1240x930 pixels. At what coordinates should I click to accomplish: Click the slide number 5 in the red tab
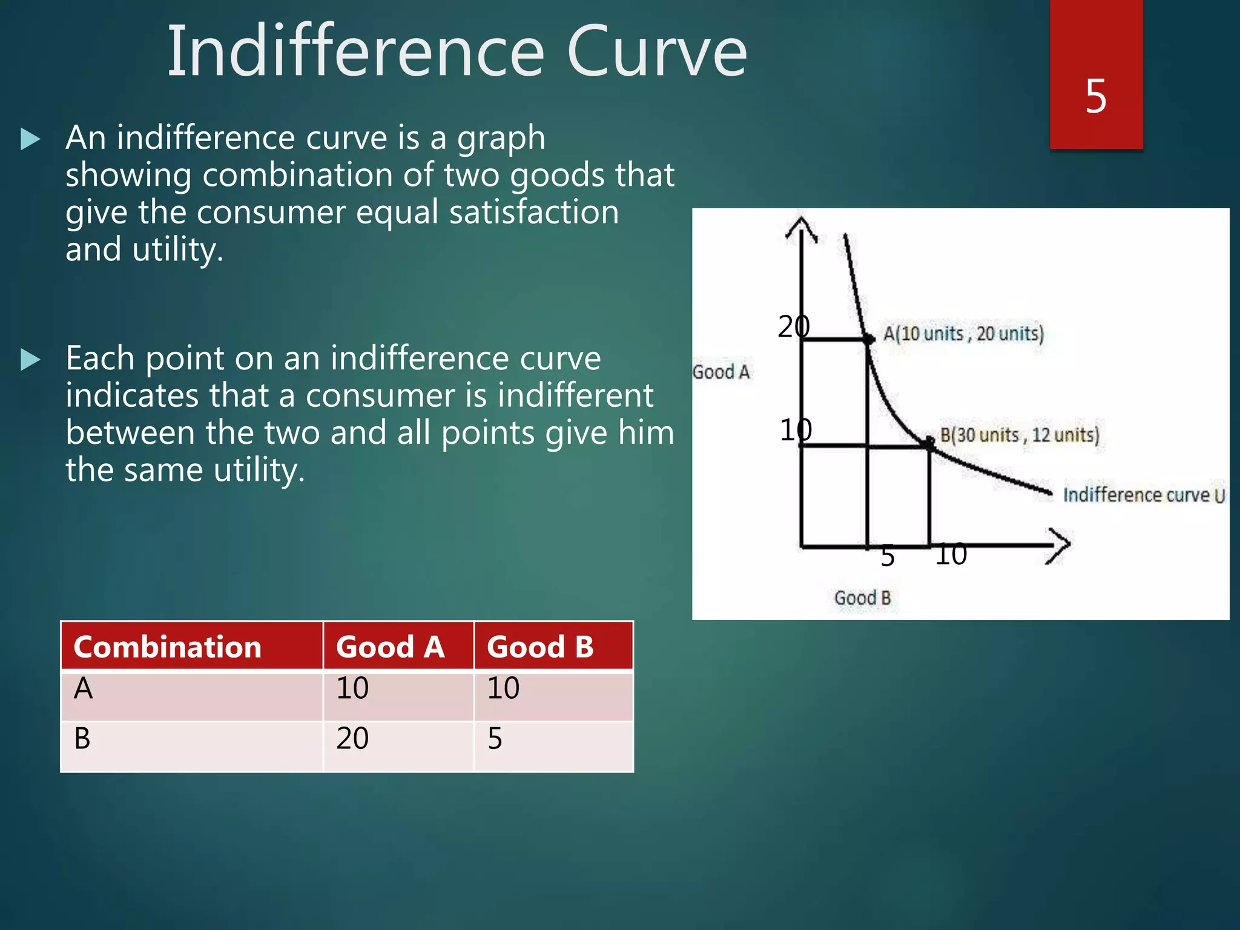click(1096, 96)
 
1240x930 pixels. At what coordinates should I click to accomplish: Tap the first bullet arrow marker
click(30, 139)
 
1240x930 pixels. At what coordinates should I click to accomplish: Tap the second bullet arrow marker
click(30, 360)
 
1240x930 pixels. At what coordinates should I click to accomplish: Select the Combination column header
click(167, 647)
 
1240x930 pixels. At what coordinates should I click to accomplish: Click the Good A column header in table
click(391, 647)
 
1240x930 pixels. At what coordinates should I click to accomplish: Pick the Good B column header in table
click(540, 647)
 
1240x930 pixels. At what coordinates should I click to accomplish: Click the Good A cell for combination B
click(352, 739)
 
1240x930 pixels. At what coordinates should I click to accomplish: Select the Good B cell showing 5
click(495, 739)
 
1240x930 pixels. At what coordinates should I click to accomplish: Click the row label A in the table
click(84, 689)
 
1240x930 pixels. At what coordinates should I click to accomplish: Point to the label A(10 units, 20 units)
click(963, 334)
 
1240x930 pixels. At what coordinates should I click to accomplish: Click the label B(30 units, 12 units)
click(1019, 435)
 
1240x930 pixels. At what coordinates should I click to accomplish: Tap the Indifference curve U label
click(1144, 495)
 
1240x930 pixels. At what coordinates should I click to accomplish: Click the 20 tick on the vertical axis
click(793, 327)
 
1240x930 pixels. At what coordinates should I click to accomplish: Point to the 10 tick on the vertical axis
click(795, 430)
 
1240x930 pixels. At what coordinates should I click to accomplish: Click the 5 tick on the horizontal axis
click(888, 556)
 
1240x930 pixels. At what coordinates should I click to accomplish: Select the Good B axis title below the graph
click(862, 598)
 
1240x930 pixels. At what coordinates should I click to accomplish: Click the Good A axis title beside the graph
click(721, 372)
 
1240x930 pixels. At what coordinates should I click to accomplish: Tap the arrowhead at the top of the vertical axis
click(801, 228)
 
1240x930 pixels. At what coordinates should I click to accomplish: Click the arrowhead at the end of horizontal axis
click(1060, 545)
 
